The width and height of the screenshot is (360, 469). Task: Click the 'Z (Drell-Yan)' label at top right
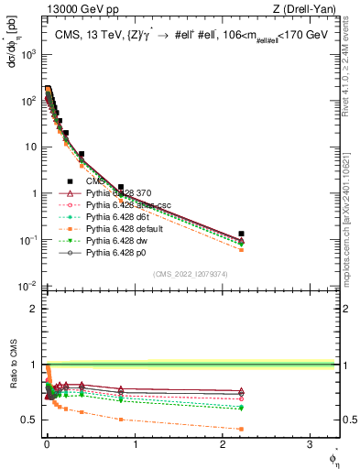309,8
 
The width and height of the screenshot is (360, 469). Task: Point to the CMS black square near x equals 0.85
120,187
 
